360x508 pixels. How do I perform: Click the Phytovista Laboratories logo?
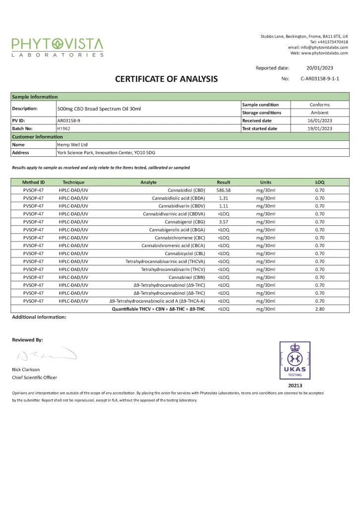(x=58, y=47)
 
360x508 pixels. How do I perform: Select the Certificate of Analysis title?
(x=166, y=79)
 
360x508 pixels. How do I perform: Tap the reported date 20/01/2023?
(x=319, y=68)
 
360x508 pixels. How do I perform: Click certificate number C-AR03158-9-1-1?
(x=319, y=79)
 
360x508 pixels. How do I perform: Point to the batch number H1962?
(x=64, y=128)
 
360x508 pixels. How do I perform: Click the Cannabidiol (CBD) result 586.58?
(x=224, y=190)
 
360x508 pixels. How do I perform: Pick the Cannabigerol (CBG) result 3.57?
(x=223, y=222)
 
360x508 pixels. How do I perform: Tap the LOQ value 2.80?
(x=319, y=309)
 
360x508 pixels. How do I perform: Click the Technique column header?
(x=73, y=182)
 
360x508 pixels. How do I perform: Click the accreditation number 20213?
(x=295, y=385)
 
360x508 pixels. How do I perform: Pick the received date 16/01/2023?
(x=319, y=121)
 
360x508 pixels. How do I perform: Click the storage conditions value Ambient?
(x=319, y=113)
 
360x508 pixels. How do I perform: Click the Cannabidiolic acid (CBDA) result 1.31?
(x=223, y=198)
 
